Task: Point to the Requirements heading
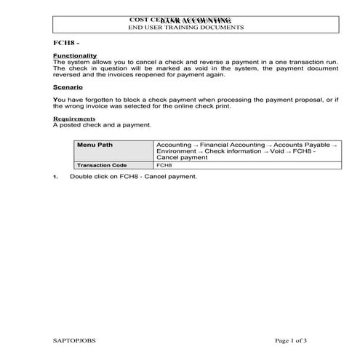[x=74, y=119]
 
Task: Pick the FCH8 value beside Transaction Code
[x=164, y=165]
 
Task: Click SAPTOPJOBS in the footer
[x=74, y=339]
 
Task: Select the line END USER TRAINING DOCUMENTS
[x=185, y=27]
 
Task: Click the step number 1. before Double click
[x=56, y=177]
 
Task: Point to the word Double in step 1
[x=80, y=177]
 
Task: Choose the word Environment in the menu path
[x=177, y=151]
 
